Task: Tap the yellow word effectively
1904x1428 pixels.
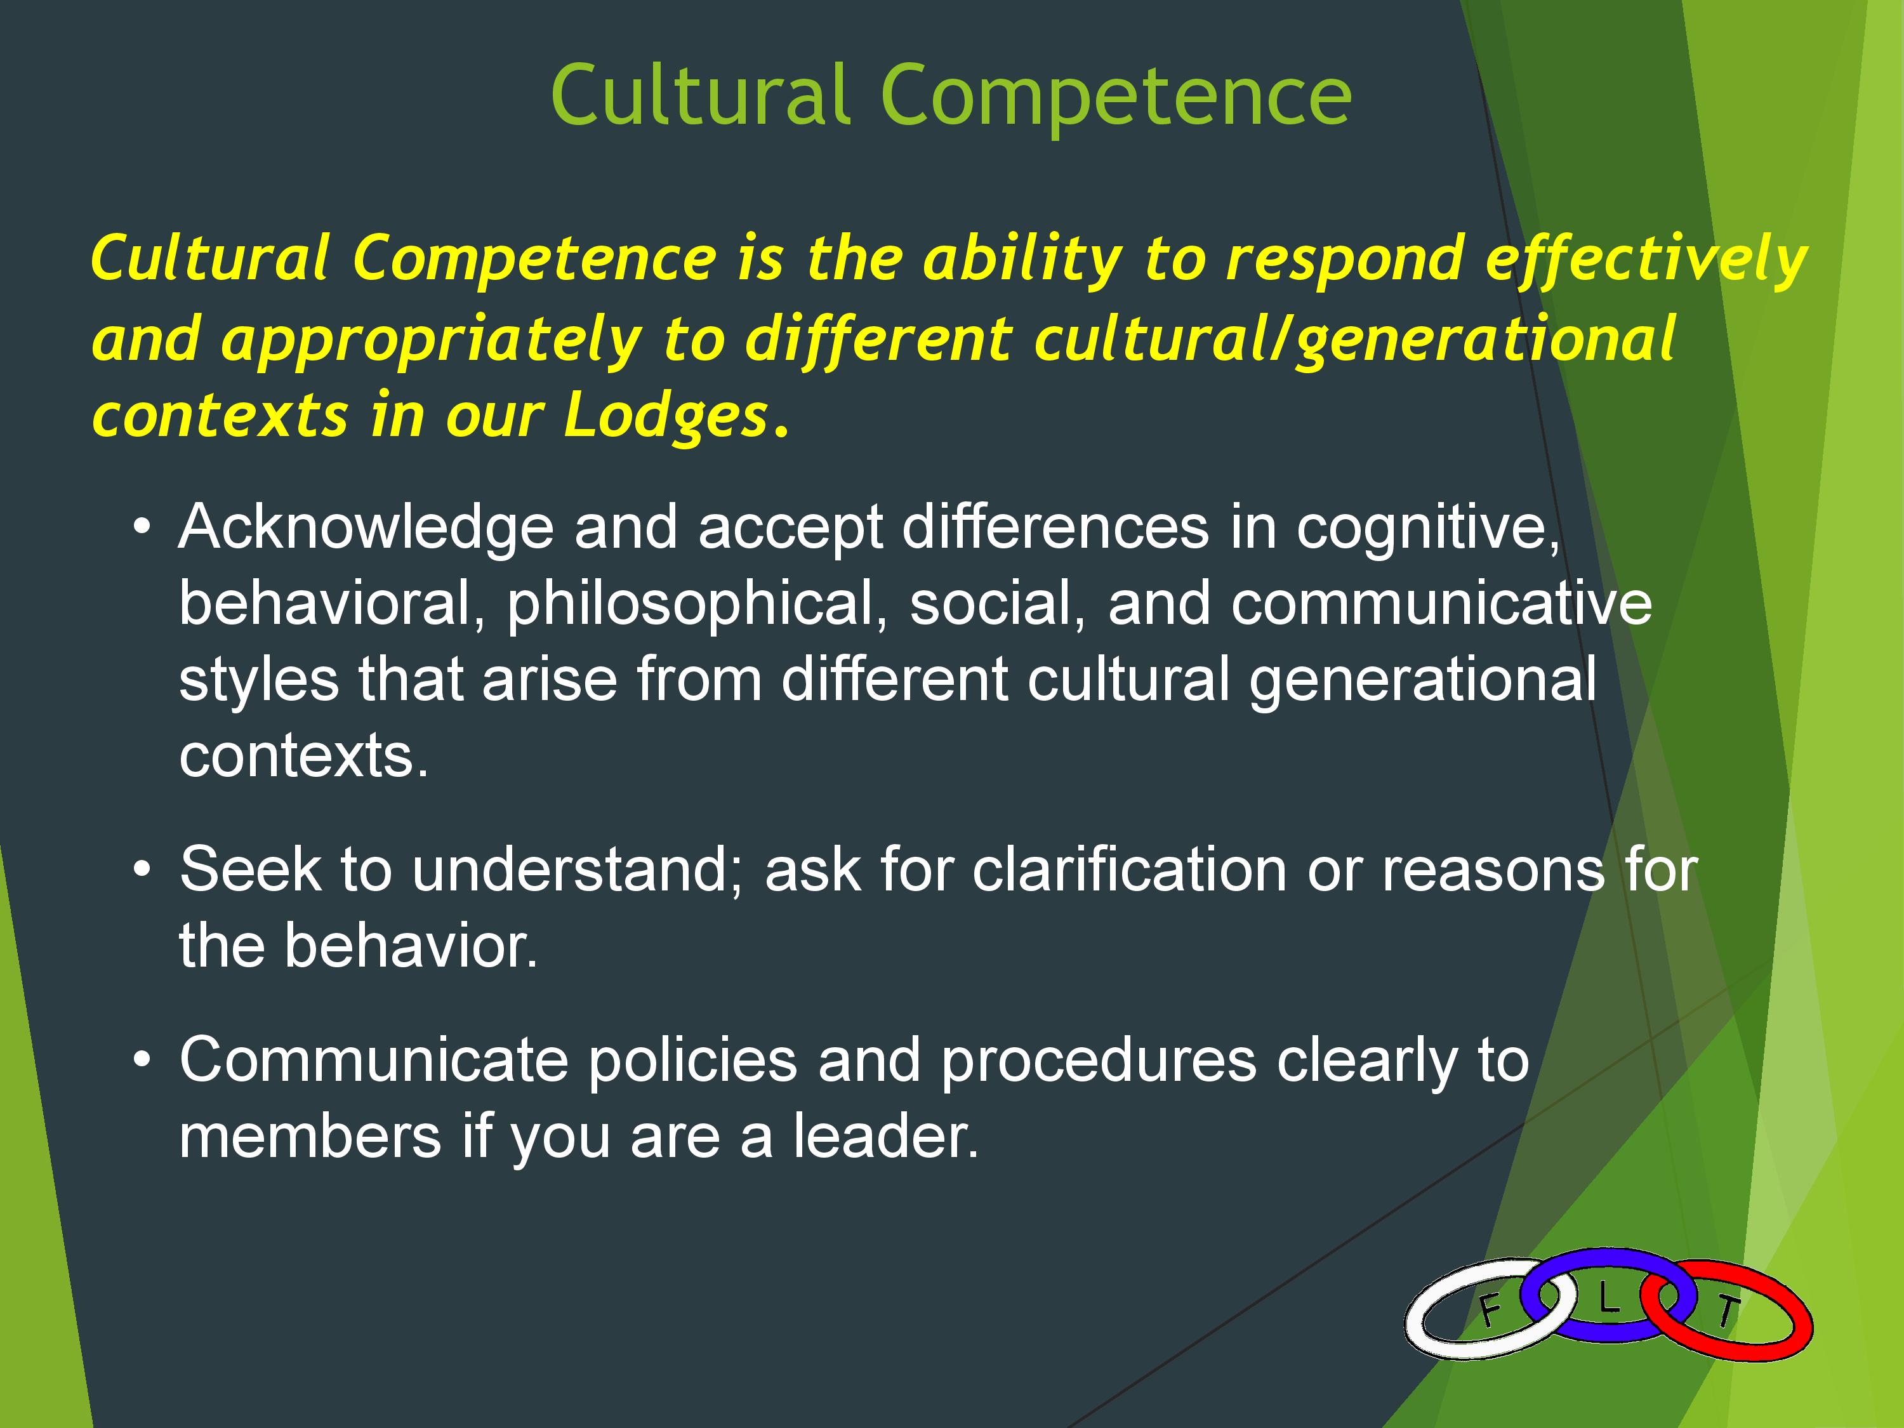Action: [x=1646, y=260]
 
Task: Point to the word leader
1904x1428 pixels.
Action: [x=887, y=1136]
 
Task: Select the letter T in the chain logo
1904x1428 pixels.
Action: [x=1727, y=1312]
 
